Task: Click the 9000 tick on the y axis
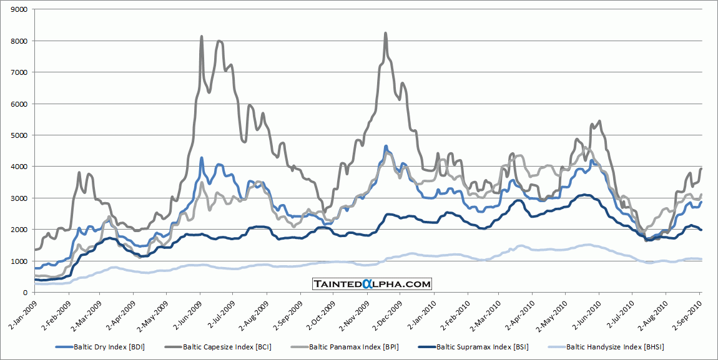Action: pyautogui.click(x=18, y=10)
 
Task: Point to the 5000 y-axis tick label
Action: pyautogui.click(x=18, y=135)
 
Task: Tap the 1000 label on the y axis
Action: pyautogui.click(x=18, y=261)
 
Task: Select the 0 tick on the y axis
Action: pyautogui.click(x=24, y=293)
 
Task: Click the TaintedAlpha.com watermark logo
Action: pyautogui.click(x=372, y=284)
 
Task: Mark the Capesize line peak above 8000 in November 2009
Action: pyautogui.click(x=385, y=33)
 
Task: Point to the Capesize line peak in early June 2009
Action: pyautogui.click(x=201, y=37)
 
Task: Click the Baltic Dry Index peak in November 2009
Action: pyautogui.click(x=386, y=146)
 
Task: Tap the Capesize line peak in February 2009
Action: pyautogui.click(x=79, y=172)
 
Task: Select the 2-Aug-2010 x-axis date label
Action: pyautogui.click(x=657, y=314)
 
